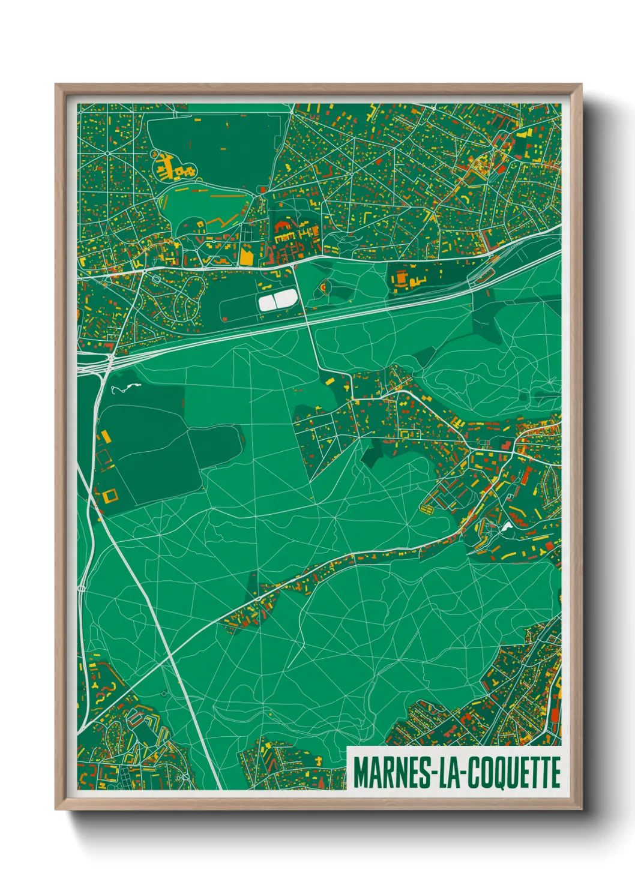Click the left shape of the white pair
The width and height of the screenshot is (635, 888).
click(x=266, y=302)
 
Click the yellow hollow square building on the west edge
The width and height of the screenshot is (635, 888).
click(x=110, y=495)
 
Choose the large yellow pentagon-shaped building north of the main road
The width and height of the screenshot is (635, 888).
click(x=247, y=256)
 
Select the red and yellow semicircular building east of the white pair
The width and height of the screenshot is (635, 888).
click(x=325, y=287)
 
